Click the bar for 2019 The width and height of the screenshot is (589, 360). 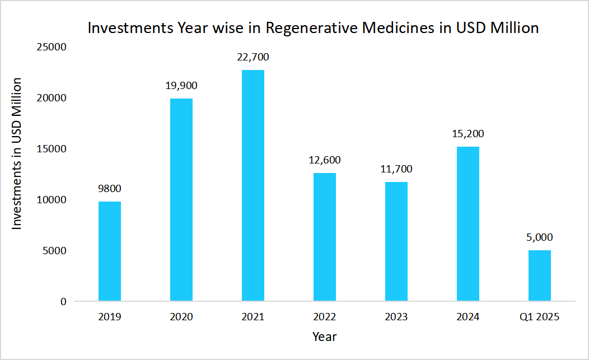click(x=110, y=251)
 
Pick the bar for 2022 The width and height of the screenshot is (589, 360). click(x=325, y=237)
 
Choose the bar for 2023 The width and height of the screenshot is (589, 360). click(x=396, y=242)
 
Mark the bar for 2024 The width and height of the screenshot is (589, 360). click(x=468, y=224)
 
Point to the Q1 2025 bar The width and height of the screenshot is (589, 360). click(x=540, y=276)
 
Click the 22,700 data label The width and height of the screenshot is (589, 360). click(x=253, y=57)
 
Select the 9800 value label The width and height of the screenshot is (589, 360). click(x=110, y=189)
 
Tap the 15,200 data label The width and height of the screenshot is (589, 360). click(x=468, y=134)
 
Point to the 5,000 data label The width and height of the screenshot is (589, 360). click(x=540, y=237)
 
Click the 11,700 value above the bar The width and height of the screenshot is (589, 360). click(x=396, y=169)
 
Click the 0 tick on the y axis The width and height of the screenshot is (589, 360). click(x=63, y=302)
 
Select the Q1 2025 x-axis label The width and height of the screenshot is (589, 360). click(x=540, y=317)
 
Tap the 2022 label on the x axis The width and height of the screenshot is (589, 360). click(x=325, y=317)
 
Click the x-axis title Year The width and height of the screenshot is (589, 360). click(x=325, y=336)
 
